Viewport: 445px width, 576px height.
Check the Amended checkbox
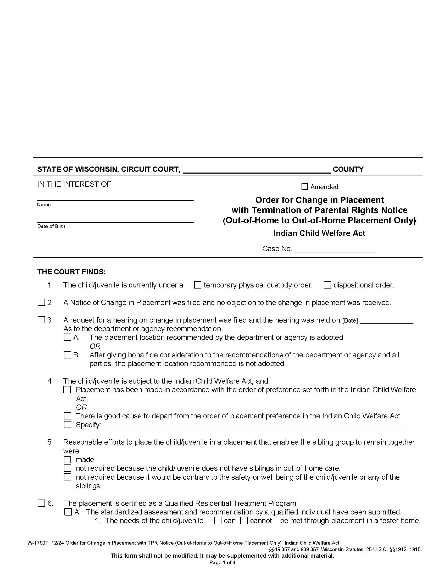(304, 187)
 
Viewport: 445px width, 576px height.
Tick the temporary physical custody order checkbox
(197, 285)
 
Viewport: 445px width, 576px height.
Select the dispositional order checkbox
(327, 285)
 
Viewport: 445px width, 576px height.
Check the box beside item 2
(41, 302)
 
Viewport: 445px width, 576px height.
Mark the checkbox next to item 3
(41, 320)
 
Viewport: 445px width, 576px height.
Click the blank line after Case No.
(335, 249)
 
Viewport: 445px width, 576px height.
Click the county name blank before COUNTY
(257, 170)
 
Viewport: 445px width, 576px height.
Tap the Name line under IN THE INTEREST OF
(115, 198)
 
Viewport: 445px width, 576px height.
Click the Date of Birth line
(115, 220)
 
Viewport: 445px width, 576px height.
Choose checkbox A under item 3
(68, 337)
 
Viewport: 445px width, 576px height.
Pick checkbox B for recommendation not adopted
(68, 355)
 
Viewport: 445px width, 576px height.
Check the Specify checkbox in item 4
(68, 425)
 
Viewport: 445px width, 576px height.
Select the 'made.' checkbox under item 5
(68, 460)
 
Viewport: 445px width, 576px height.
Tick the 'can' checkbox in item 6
(218, 520)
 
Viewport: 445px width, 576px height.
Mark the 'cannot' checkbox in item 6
(244, 520)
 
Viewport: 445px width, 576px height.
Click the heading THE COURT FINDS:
(71, 272)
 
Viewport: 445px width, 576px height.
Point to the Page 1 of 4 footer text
(222, 563)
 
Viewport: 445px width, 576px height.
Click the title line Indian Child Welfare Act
(319, 233)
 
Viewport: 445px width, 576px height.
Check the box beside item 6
(41, 503)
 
